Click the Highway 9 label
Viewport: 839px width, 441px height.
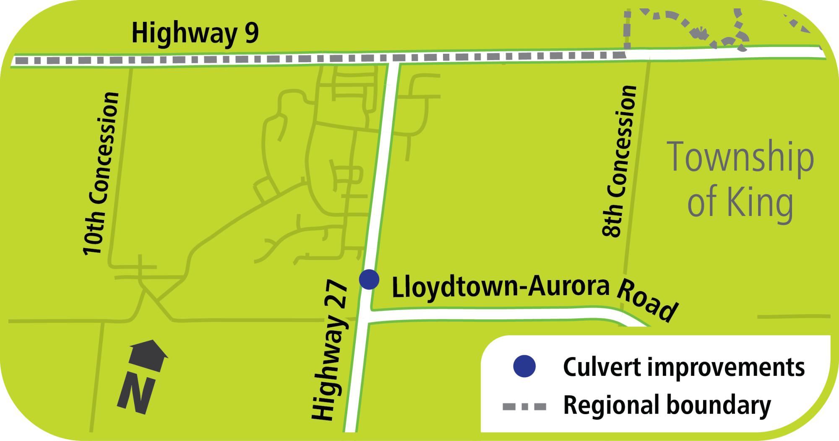[x=195, y=34]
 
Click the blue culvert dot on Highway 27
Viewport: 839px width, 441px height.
[x=369, y=279]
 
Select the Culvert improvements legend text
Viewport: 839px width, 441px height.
[x=684, y=367]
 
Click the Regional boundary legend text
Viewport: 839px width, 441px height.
[x=667, y=405]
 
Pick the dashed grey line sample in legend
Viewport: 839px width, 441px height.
[x=524, y=406]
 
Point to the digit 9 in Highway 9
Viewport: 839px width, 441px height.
[x=250, y=34]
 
